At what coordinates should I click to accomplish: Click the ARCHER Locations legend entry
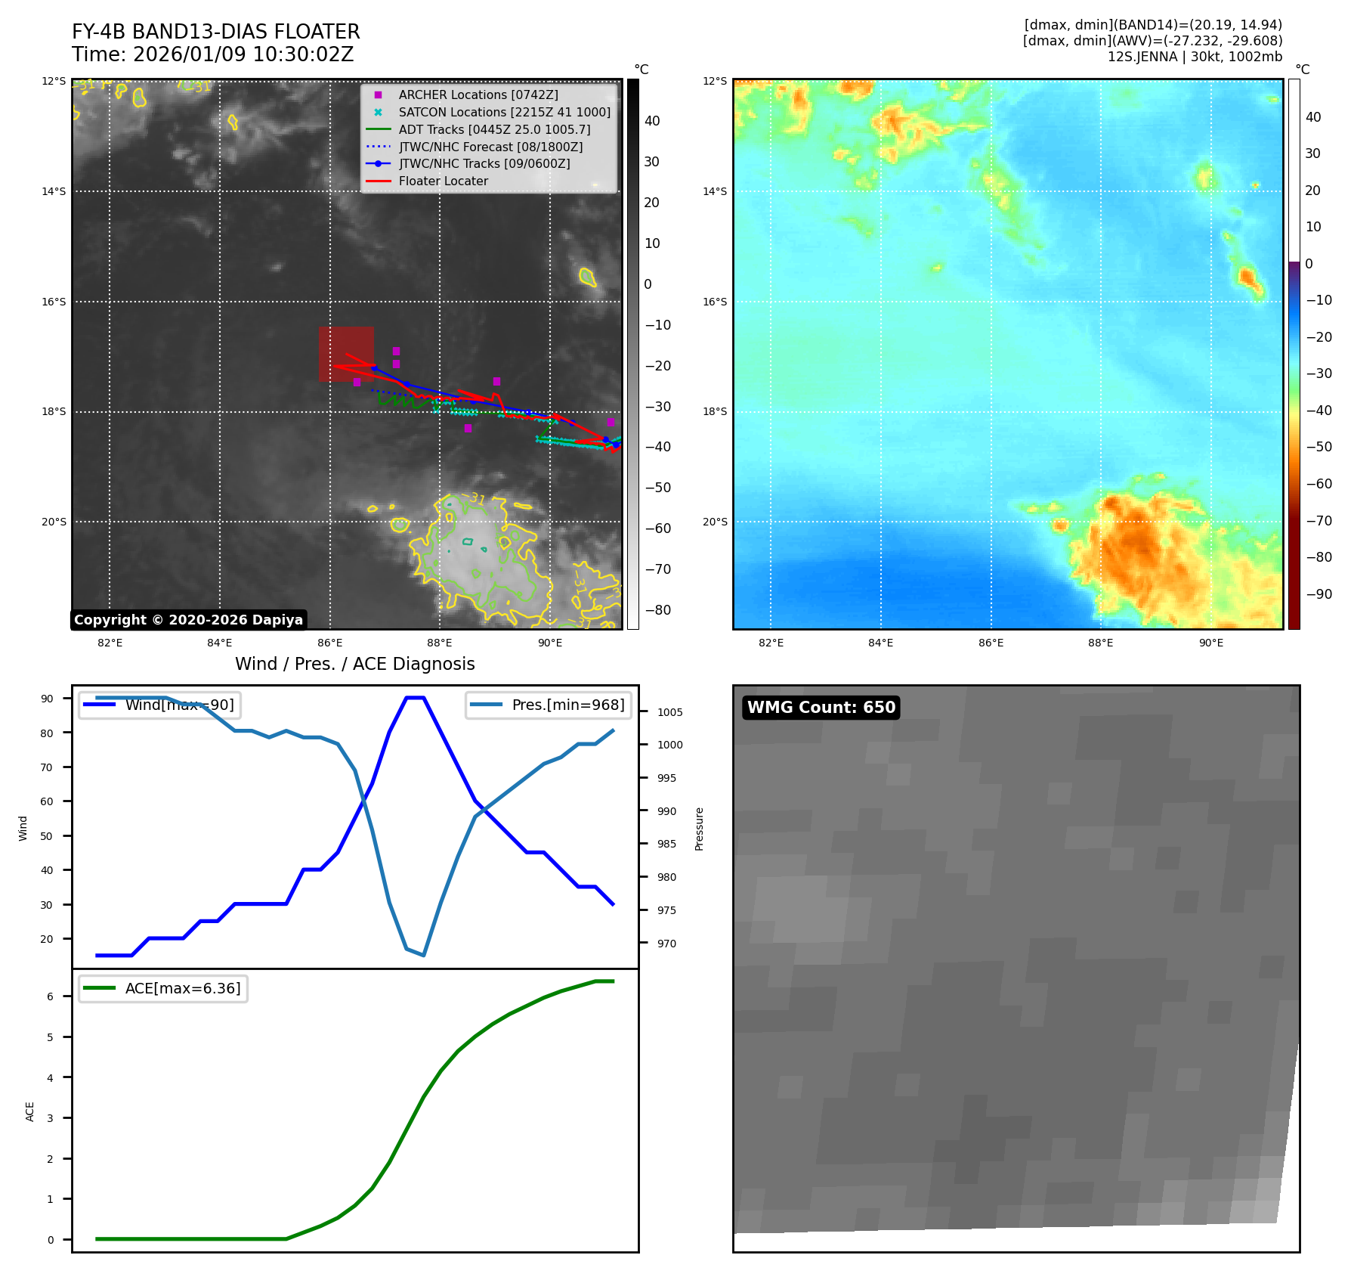coord(478,95)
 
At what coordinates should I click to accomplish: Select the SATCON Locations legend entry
coord(504,112)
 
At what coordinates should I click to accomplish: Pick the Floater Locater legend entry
coord(443,181)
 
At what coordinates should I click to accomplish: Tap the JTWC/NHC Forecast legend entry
coord(490,147)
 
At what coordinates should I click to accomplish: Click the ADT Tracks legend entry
coord(494,129)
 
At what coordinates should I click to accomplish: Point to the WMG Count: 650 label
coord(821,707)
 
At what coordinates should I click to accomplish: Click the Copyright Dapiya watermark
coord(188,620)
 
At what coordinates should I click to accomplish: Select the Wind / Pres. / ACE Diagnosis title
coord(354,664)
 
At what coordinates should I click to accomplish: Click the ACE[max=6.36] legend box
coord(163,988)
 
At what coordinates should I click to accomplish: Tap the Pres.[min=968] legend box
coord(549,705)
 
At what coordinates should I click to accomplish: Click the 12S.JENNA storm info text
coord(1195,57)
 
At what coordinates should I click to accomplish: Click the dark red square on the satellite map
coord(346,354)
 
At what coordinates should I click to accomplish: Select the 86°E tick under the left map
coord(329,643)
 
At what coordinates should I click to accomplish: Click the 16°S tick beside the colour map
coord(715,302)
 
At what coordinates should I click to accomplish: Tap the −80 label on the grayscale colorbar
coord(657,610)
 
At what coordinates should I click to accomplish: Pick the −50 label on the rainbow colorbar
coord(1319,447)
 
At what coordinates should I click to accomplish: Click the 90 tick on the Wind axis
coord(47,699)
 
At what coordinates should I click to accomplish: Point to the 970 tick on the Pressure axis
coord(666,944)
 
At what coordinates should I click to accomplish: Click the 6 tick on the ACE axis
coord(51,996)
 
